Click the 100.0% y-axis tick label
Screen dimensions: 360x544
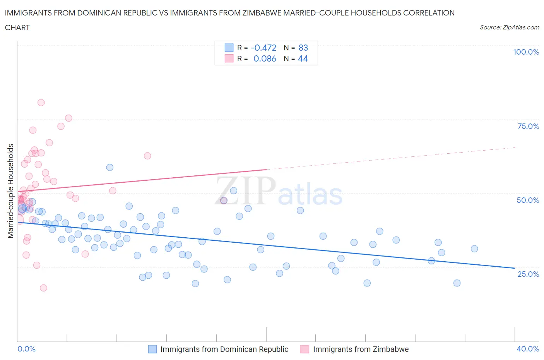pyautogui.click(x=526, y=52)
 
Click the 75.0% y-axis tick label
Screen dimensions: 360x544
pyautogui.click(x=528, y=126)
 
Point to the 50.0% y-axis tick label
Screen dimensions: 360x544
pyautogui.click(x=528, y=200)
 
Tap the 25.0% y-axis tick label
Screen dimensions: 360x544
pyautogui.click(x=528, y=274)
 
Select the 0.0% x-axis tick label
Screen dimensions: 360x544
pyautogui.click(x=26, y=349)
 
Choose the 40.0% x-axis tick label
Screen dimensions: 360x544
pyautogui.click(x=528, y=349)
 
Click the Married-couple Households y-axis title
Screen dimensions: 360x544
pyautogui.click(x=11, y=191)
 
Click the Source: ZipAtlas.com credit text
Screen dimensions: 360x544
pyautogui.click(x=509, y=27)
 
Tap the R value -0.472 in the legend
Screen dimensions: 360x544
pyautogui.click(x=263, y=48)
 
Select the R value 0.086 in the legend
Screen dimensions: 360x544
pyautogui.click(x=265, y=58)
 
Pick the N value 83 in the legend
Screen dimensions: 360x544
pyautogui.click(x=303, y=48)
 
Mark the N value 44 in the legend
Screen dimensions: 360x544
pyautogui.click(x=303, y=58)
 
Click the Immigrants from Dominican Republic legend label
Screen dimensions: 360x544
pyautogui.click(x=224, y=349)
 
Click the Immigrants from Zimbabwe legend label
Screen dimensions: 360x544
pyautogui.click(x=361, y=349)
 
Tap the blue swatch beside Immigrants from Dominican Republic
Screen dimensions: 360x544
pyautogui.click(x=152, y=349)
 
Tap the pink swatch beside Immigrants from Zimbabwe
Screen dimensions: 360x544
pyautogui.click(x=305, y=349)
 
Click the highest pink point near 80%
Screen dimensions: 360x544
pyautogui.click(x=41, y=103)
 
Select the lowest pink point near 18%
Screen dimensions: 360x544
pyautogui.click(x=43, y=288)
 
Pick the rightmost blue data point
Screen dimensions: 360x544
pyautogui.click(x=474, y=249)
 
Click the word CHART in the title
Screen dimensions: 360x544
pyautogui.click(x=17, y=27)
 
